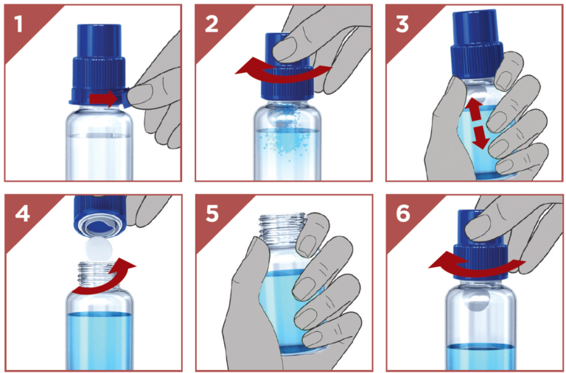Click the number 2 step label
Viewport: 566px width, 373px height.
pyautogui.click(x=212, y=24)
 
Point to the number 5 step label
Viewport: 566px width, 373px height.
pyautogui.click(x=212, y=214)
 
